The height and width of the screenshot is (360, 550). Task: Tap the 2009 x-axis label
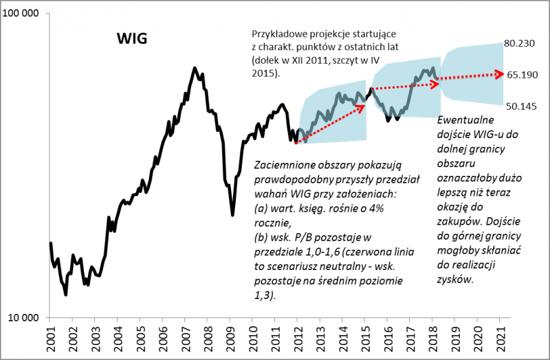pos(230,339)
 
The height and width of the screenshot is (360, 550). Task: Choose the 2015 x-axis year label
pos(365,339)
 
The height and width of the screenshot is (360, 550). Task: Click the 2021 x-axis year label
pos(500,339)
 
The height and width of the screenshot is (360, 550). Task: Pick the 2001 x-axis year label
pos(50,339)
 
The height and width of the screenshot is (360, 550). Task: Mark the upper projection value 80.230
pos(520,43)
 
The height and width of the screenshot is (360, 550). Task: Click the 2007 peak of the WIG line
pos(195,68)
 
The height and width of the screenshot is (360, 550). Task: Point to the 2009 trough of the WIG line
pos(232,215)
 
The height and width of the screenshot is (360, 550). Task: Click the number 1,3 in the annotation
pos(263,295)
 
